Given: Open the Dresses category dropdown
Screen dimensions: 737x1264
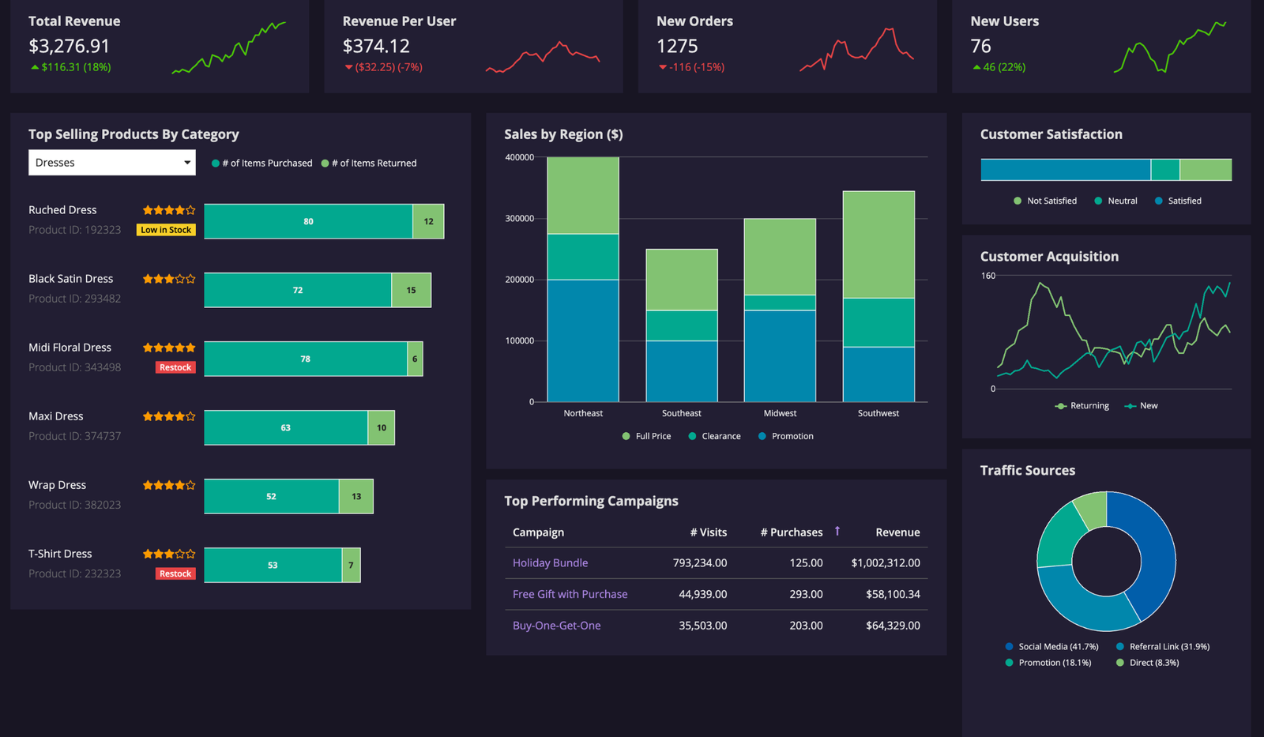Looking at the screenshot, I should [x=111, y=163].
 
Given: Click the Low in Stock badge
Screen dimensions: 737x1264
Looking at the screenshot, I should [x=166, y=230].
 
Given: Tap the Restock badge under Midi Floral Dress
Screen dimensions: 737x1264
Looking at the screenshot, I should [x=175, y=367].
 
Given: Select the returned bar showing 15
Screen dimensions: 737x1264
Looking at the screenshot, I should [x=411, y=290].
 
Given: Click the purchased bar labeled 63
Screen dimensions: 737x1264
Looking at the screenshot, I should [x=285, y=427].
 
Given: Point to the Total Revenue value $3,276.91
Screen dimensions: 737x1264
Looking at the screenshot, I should [x=69, y=46].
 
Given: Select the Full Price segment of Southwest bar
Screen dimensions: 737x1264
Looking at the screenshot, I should [x=878, y=244].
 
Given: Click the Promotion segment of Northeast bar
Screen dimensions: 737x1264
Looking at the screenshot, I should [x=583, y=340].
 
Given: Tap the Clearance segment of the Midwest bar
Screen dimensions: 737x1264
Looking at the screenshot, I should [x=780, y=303].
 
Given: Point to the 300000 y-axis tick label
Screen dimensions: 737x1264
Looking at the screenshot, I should [x=519, y=219].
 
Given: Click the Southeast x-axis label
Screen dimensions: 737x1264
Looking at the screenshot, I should [x=681, y=413].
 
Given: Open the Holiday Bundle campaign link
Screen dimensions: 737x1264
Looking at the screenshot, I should [x=550, y=563].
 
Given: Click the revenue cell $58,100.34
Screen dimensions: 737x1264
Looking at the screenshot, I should [x=893, y=594].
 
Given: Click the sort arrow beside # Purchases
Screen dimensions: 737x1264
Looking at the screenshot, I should [x=837, y=532].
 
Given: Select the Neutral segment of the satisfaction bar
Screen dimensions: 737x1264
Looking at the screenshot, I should [x=1164, y=170].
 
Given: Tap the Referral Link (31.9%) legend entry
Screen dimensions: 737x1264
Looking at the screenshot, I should [x=1162, y=647].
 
